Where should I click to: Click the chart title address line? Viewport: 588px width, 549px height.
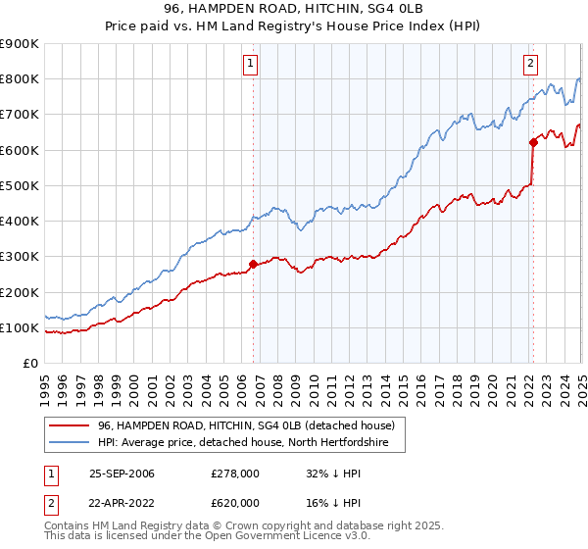click(x=293, y=9)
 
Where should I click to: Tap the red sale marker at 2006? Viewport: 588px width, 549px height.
click(x=254, y=264)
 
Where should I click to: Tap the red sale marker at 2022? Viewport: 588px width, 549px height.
click(x=534, y=142)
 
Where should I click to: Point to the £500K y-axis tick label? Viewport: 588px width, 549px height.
click(x=20, y=185)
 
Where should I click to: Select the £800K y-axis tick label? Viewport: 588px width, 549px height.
click(x=20, y=79)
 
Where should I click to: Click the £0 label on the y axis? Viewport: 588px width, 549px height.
click(x=29, y=364)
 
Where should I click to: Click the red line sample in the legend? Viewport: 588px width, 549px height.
click(x=70, y=425)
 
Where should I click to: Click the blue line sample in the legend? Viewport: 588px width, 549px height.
click(x=70, y=442)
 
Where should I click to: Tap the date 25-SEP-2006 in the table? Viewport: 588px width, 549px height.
click(x=122, y=474)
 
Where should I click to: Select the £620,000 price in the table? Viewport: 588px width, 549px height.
click(x=235, y=502)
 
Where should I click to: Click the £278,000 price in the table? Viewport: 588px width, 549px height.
click(x=235, y=474)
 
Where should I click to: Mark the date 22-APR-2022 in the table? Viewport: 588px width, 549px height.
click(x=122, y=502)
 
